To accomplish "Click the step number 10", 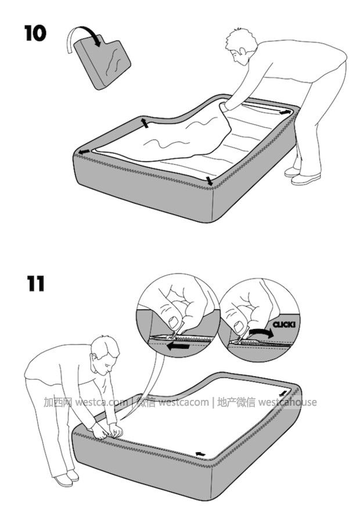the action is pos(35,33).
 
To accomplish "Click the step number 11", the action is pos(35,283).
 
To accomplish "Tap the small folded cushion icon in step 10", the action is pos(102,63).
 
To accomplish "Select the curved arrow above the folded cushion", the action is pos(84,38).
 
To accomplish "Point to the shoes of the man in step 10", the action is pos(301,176).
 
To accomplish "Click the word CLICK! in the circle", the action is pos(283,324).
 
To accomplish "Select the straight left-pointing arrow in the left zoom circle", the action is pos(178,346).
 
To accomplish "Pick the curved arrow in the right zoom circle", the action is pos(261,333).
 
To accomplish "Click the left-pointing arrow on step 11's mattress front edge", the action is pos(200,454).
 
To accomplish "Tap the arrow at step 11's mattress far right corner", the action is pos(284,393).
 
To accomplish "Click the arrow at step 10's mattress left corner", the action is pos(84,152).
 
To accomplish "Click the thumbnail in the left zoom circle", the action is pos(174,322).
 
